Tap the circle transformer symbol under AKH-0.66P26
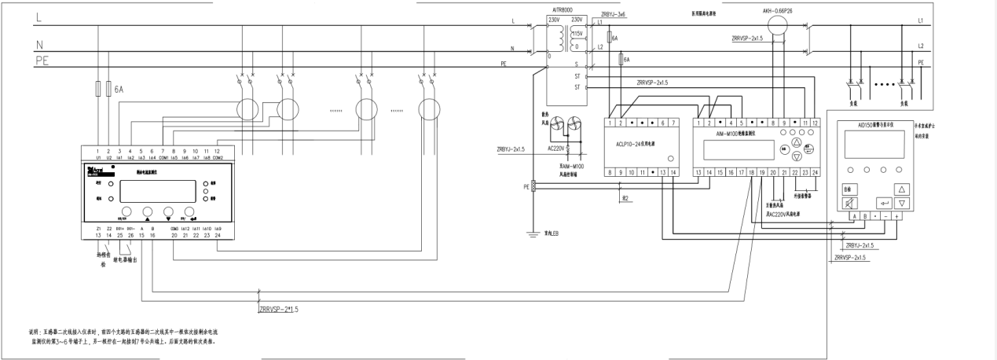click(x=776, y=25)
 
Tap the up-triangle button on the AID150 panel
click(x=902, y=189)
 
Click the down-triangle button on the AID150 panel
click(x=902, y=204)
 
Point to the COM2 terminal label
click(x=218, y=157)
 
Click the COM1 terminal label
click(x=163, y=157)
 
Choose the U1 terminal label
click(x=98, y=157)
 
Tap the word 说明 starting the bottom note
click(x=35, y=333)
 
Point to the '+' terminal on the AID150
click(x=896, y=215)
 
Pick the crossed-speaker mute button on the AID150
click(x=849, y=203)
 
